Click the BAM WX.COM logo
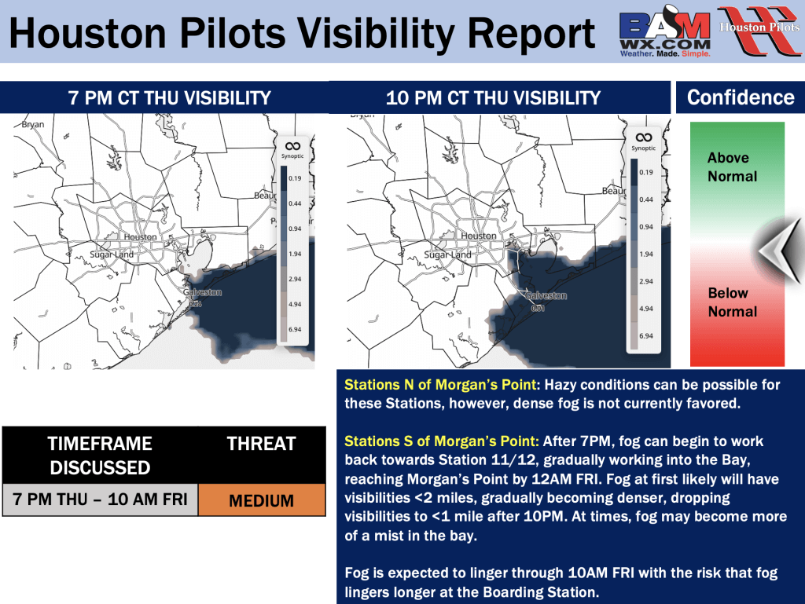pyautogui.click(x=665, y=31)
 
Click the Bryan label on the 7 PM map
pyautogui.click(x=33, y=125)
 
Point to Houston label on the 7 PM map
pyautogui.click(x=140, y=237)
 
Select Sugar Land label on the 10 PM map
pyautogui.click(x=447, y=254)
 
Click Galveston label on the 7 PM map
pyautogui.click(x=202, y=292)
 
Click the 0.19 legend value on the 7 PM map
pyautogui.click(x=295, y=178)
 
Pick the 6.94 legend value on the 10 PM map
pyautogui.click(x=646, y=336)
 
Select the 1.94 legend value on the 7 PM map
pyautogui.click(x=295, y=254)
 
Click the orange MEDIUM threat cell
pyautogui.click(x=262, y=500)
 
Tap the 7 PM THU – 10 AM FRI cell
pyautogui.click(x=100, y=500)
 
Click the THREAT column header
pyautogui.click(x=261, y=444)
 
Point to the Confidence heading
pyautogui.click(x=741, y=97)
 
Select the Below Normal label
pyautogui.click(x=733, y=302)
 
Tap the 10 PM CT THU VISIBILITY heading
pyautogui.click(x=493, y=98)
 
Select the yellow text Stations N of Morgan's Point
pyautogui.click(x=441, y=385)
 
